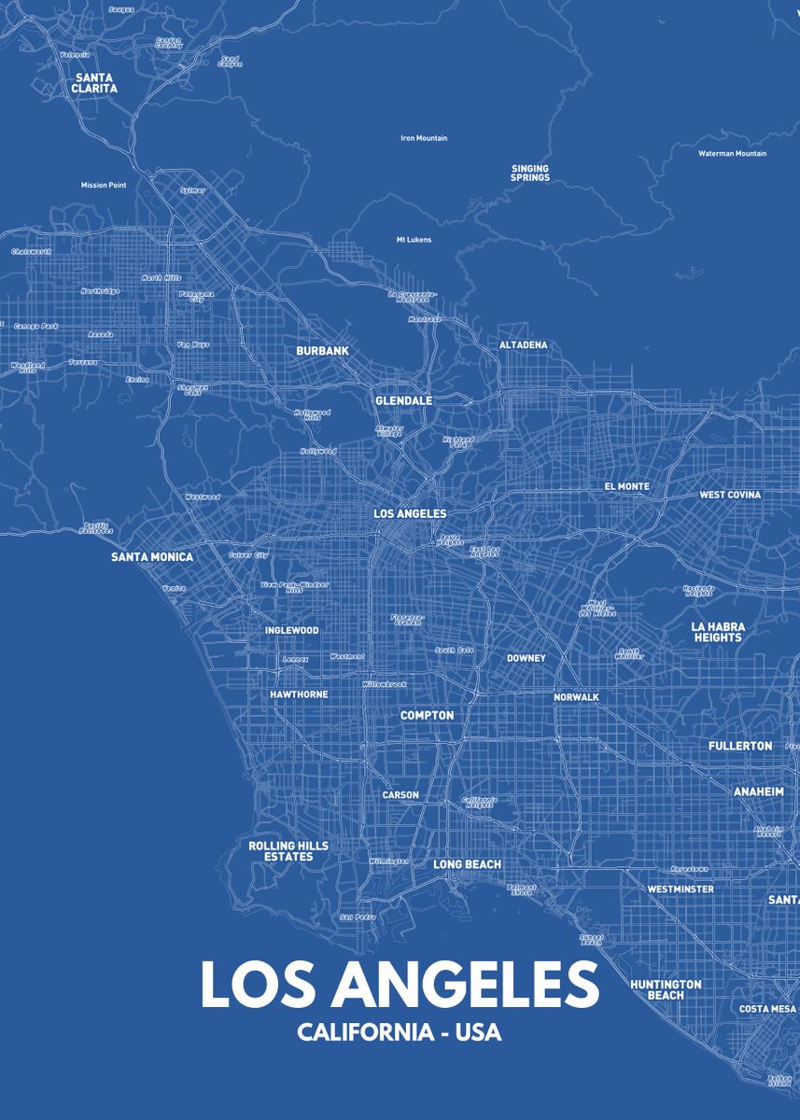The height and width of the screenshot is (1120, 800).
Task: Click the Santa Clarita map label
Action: click(x=94, y=83)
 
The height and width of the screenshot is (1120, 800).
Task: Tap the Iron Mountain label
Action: click(x=424, y=138)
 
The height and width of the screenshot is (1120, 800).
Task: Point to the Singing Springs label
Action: click(x=529, y=173)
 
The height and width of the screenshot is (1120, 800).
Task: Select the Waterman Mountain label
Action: click(x=732, y=153)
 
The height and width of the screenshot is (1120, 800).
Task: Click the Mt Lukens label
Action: click(x=414, y=240)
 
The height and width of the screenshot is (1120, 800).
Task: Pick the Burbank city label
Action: click(x=322, y=351)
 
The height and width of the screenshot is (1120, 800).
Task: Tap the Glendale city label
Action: click(x=403, y=400)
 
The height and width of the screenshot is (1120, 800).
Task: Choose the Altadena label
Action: click(x=523, y=345)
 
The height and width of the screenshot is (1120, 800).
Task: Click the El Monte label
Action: click(x=626, y=486)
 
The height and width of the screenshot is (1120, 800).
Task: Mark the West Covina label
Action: click(x=730, y=495)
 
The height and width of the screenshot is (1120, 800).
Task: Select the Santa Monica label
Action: click(x=152, y=557)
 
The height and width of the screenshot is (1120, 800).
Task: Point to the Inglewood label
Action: click(x=291, y=630)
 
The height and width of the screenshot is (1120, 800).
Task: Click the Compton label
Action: click(x=427, y=716)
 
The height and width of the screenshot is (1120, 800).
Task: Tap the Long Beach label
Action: click(x=467, y=865)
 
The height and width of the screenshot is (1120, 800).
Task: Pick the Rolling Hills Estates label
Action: click(x=288, y=851)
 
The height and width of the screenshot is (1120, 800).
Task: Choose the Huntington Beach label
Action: click(x=666, y=989)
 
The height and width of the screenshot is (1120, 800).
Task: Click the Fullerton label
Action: click(x=740, y=746)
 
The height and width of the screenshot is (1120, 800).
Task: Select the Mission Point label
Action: click(x=103, y=185)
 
